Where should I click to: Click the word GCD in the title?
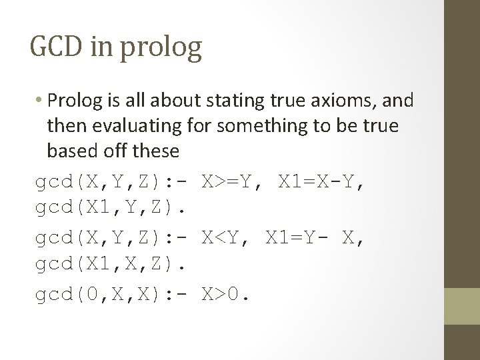(54, 48)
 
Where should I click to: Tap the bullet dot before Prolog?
(41, 102)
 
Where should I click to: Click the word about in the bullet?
(174, 101)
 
